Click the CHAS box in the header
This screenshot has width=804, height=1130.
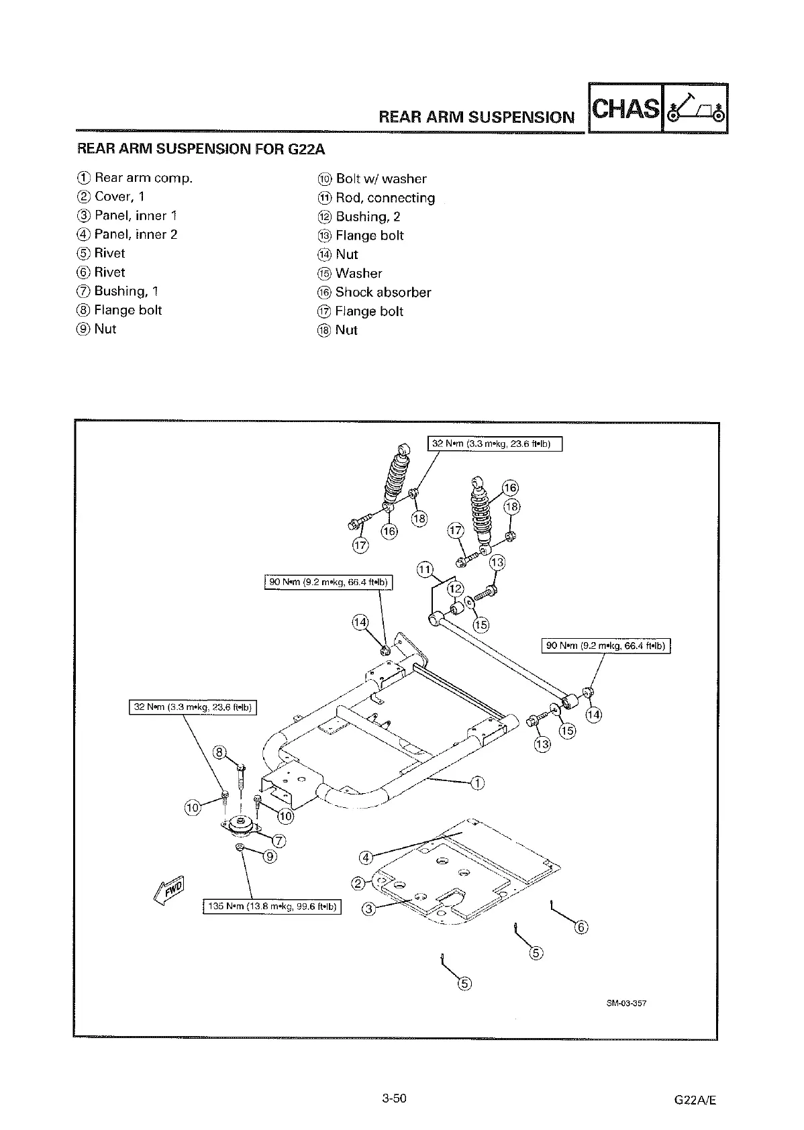coord(625,108)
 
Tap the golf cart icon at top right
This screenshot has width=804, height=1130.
coord(695,109)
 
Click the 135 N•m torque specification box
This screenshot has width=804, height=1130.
coord(272,907)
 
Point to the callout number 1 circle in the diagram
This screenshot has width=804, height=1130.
coord(477,783)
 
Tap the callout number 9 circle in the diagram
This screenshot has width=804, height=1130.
coord(269,856)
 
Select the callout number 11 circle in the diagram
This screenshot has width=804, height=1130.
coord(424,570)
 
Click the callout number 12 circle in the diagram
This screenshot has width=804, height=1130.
coord(456,588)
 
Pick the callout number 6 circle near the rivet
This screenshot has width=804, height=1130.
coord(582,927)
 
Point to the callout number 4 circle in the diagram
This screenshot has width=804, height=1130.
coord(366,857)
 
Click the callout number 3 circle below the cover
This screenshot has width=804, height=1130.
coord(368,909)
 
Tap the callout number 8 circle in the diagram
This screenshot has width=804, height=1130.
coord(219,752)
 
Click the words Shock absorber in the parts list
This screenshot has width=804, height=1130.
coord(383,293)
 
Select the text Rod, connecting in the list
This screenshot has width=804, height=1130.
coord(385,198)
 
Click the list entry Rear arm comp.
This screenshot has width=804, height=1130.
coord(143,178)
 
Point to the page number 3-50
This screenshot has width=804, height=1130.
coord(395,1098)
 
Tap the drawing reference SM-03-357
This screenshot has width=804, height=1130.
coord(625,1004)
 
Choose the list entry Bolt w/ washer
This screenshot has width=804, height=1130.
coord(381,179)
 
